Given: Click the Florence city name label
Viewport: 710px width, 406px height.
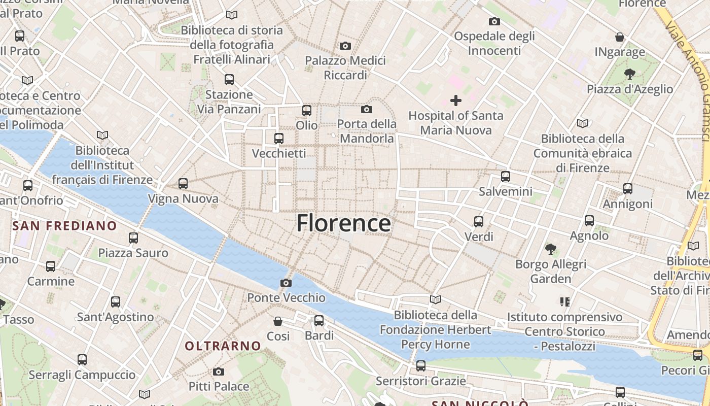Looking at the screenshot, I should tap(343, 223).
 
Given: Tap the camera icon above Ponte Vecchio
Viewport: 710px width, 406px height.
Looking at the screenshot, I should tap(286, 283).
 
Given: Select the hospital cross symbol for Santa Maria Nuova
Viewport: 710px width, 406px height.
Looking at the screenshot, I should tap(456, 100).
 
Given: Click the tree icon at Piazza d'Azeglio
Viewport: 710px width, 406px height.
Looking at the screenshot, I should tap(630, 74).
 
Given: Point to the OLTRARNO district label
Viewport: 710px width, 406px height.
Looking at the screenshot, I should tap(223, 346).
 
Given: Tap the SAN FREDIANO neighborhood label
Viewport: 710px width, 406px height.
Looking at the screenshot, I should tap(64, 226).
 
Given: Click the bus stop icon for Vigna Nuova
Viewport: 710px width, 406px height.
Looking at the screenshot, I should tap(183, 184).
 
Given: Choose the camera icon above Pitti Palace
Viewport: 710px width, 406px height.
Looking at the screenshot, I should tap(219, 371).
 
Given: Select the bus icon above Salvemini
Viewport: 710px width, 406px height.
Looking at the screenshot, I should tap(505, 177).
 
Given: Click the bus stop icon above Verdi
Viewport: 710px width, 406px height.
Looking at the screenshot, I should tap(479, 222).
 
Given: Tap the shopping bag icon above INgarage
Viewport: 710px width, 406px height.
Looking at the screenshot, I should tap(619, 37).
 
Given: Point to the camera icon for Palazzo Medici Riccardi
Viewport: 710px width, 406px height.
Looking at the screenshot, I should tap(345, 46).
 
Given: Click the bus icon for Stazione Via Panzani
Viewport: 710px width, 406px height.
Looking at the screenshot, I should tap(229, 80).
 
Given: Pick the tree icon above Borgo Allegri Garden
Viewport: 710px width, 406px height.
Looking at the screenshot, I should tap(551, 249).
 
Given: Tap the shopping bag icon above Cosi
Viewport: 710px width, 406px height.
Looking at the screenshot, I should tap(278, 321).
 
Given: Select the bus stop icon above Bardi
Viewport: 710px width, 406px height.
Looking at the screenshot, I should tap(319, 321).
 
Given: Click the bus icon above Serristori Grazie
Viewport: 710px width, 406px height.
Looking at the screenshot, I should tap(420, 366).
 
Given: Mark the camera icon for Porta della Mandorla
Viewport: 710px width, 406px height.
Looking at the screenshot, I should tap(367, 110).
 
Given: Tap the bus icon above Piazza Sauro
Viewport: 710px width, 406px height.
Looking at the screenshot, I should tap(133, 238).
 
